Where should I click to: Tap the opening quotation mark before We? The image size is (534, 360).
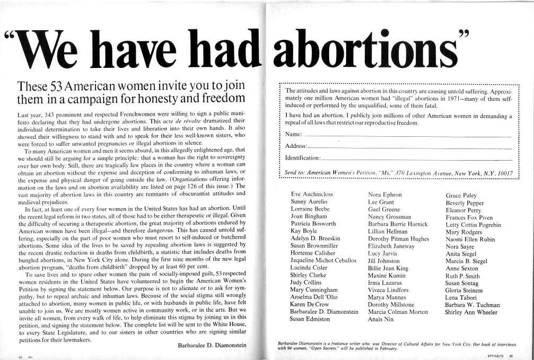point(10,37)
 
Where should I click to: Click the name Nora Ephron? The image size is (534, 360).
point(384,195)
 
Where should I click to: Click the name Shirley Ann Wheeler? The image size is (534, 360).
point(472,312)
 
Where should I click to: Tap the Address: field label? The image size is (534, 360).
point(296,145)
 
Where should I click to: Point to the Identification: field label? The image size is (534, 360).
point(303,157)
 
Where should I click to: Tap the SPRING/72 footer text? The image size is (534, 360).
point(496,356)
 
